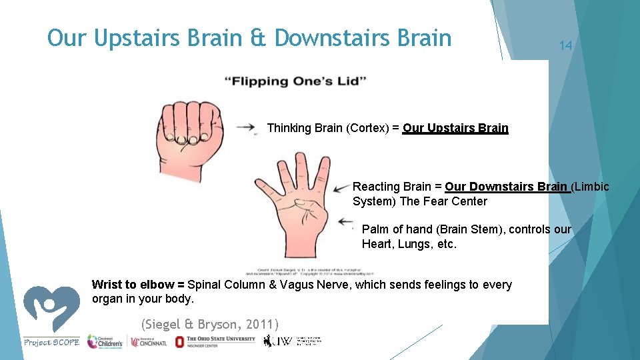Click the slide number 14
pyautogui.click(x=565, y=45)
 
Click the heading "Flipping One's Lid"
pyautogui.click(x=295, y=81)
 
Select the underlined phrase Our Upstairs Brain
pyautogui.click(x=455, y=128)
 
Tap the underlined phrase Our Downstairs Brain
pyautogui.click(x=506, y=187)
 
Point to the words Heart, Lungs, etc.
pyautogui.click(x=409, y=244)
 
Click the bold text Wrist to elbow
pyautogui.click(x=138, y=285)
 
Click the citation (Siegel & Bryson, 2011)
pyautogui.click(x=210, y=325)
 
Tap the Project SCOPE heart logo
pyautogui.click(x=51, y=309)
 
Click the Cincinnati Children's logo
pyautogui.click(x=105, y=341)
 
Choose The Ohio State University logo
pyautogui.click(x=215, y=341)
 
